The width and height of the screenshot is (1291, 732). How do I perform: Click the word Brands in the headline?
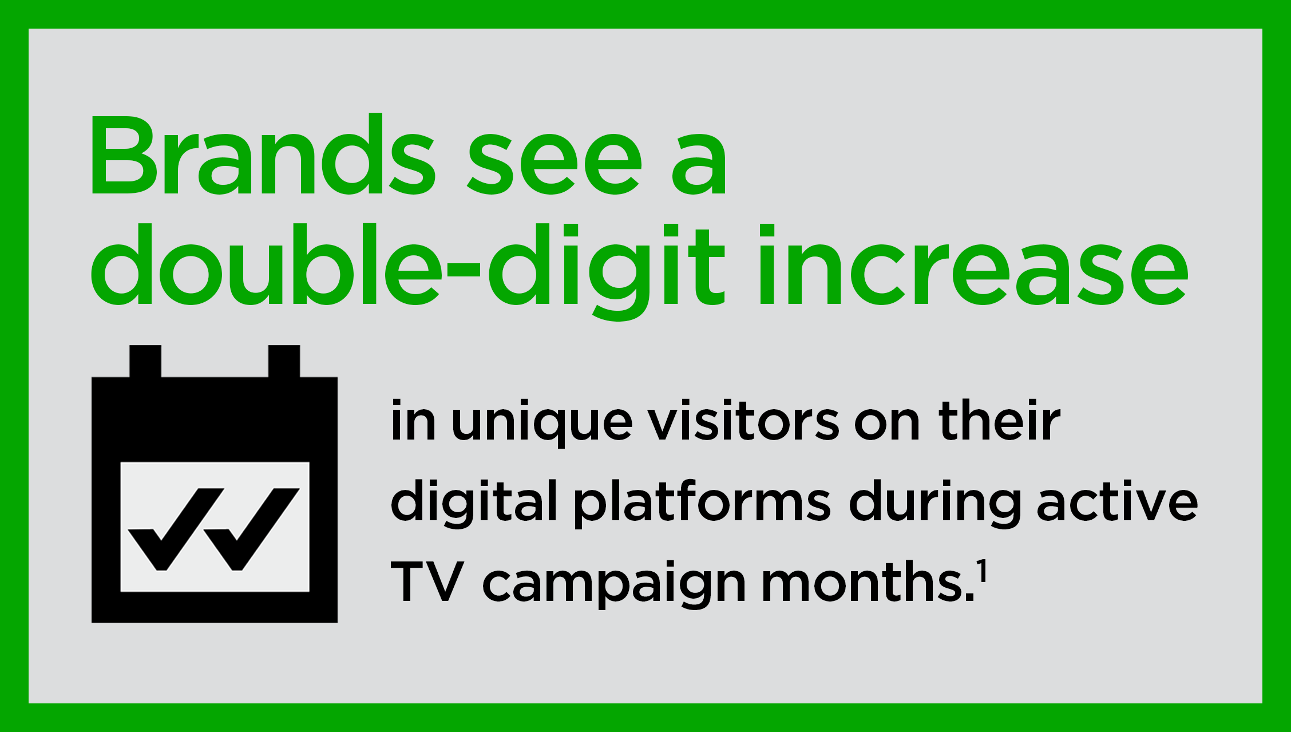point(261,156)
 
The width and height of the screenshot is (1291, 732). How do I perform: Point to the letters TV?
point(427,583)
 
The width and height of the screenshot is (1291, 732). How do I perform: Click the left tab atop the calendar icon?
point(145,361)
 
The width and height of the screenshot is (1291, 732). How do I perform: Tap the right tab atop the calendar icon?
point(284,361)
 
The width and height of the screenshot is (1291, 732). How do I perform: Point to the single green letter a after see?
point(699,163)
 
